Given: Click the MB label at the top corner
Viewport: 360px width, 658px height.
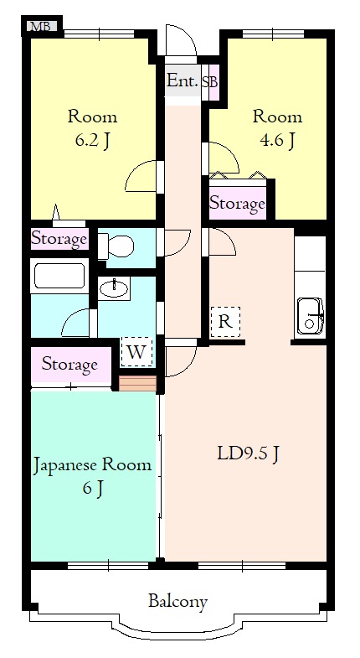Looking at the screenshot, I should click(x=40, y=25).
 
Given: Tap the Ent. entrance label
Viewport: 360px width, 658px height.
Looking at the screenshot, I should click(x=182, y=81).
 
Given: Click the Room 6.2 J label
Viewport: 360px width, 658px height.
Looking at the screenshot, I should click(x=92, y=128).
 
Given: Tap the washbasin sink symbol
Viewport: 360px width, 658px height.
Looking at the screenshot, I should click(x=115, y=290).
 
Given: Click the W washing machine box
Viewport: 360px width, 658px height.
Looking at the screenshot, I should click(x=137, y=351).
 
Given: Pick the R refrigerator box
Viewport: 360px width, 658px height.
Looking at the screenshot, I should click(x=225, y=322).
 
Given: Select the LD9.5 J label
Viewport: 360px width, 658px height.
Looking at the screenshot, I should click(x=249, y=454).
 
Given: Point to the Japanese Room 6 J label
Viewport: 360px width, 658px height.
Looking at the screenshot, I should click(x=92, y=475).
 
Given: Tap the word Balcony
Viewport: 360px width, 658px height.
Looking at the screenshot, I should click(x=177, y=601).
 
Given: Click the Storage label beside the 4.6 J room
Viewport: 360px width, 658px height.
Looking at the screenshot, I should click(x=237, y=203).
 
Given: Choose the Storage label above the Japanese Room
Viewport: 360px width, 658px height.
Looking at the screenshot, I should click(x=69, y=365).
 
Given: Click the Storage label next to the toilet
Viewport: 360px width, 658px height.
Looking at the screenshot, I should click(x=59, y=240).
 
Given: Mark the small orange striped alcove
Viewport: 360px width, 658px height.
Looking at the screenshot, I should click(x=137, y=383).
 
